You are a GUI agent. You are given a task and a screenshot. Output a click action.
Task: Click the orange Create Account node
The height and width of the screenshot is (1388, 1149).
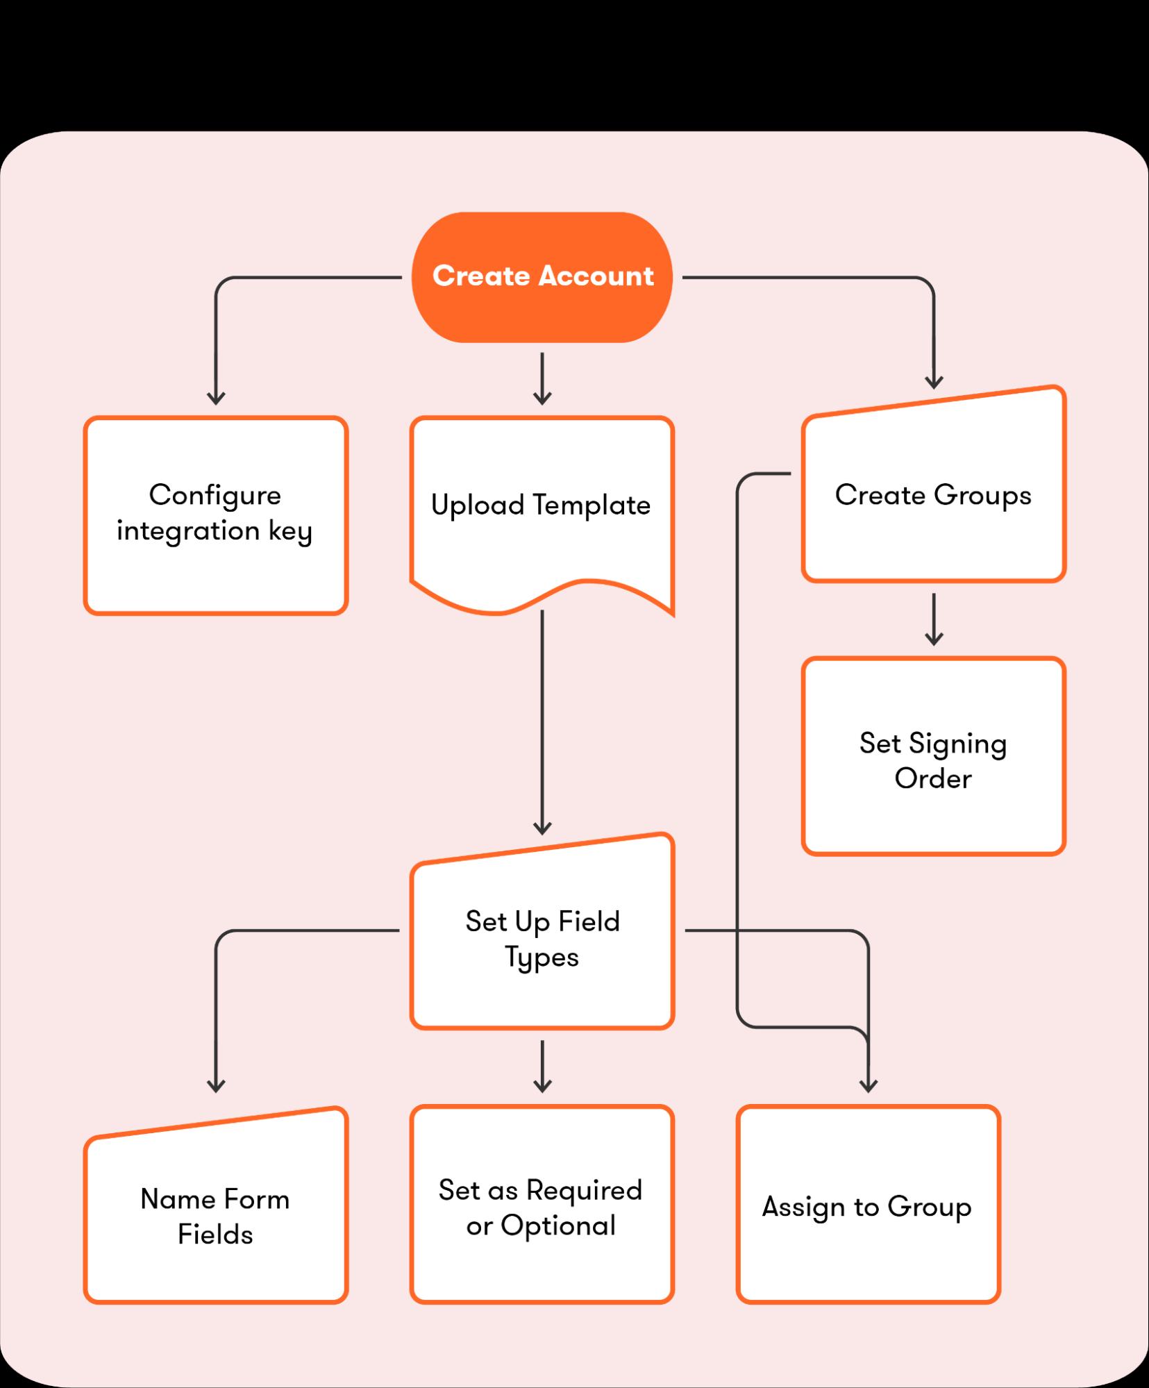click(x=542, y=276)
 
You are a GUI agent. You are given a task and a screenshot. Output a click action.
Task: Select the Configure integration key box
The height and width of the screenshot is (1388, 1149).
click(x=215, y=515)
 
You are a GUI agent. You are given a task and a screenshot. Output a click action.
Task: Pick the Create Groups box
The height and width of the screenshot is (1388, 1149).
click(x=933, y=494)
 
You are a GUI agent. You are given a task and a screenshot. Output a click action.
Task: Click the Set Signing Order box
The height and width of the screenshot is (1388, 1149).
click(x=933, y=756)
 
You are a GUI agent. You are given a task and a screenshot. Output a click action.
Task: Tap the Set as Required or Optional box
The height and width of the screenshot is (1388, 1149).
click(x=542, y=1208)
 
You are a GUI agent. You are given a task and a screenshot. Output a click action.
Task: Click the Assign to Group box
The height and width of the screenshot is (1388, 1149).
click(x=868, y=1208)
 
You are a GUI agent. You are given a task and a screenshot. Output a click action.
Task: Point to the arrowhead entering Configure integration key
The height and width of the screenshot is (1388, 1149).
click(x=216, y=398)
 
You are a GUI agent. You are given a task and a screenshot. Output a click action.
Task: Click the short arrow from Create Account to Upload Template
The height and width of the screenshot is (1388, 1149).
click(x=542, y=378)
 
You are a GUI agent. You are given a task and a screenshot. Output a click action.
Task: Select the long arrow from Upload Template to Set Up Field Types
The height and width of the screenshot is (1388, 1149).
click(x=542, y=722)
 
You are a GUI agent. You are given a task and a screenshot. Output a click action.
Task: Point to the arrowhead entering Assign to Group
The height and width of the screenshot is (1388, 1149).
click(x=869, y=1085)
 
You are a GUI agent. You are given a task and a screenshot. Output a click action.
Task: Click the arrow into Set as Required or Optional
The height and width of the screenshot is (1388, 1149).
click(x=542, y=1066)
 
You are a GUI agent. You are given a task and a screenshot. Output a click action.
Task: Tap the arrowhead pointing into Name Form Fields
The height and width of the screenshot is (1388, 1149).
click(x=216, y=1085)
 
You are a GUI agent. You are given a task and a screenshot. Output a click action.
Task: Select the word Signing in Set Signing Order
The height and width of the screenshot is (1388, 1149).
click(x=957, y=744)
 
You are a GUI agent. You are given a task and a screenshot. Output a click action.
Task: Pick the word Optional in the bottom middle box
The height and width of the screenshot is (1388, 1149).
click(x=558, y=1226)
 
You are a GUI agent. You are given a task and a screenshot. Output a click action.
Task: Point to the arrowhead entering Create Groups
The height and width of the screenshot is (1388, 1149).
click(x=934, y=381)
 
